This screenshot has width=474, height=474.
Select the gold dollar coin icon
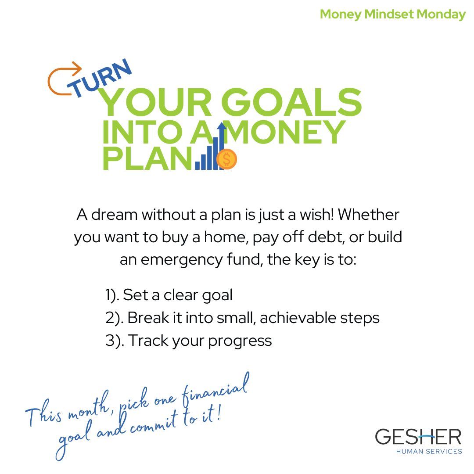[x=226, y=159]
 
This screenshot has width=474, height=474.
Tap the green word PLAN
[x=147, y=159]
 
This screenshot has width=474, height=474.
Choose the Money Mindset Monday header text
[x=392, y=14]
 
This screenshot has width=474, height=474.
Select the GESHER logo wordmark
[x=418, y=437]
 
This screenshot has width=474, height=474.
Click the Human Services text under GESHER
[x=429, y=451]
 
